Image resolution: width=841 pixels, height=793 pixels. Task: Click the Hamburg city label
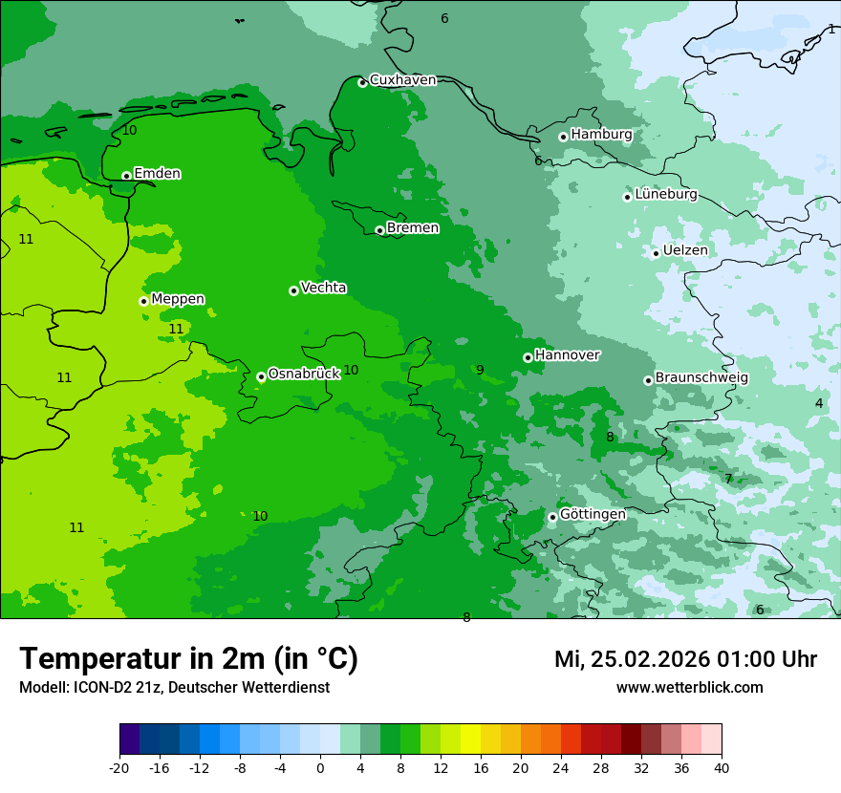point(601,135)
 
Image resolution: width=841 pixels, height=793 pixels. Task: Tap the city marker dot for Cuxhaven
point(362,82)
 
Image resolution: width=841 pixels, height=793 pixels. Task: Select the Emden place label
point(157,174)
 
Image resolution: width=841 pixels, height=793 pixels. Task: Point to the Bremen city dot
point(379,230)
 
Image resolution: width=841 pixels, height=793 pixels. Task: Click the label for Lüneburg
point(665,194)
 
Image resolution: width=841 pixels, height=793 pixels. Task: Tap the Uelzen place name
point(685,250)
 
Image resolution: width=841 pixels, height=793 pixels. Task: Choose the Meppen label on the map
point(178,299)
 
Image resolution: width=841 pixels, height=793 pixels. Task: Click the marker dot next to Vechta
point(293,290)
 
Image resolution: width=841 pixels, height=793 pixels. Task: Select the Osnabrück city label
point(304,374)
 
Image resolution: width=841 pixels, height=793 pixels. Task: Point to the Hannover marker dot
point(528,357)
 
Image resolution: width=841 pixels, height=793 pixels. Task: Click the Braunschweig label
point(701,377)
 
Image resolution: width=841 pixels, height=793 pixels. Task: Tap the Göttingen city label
point(593,514)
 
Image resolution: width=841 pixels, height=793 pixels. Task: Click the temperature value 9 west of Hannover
point(480,370)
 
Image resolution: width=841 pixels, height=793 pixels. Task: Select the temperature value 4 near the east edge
point(819,403)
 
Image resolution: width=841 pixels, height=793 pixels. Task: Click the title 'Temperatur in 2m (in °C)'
point(188,659)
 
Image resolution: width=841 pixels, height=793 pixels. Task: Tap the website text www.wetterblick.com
point(689,688)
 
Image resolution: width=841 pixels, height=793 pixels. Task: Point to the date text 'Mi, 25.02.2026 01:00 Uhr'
point(685,659)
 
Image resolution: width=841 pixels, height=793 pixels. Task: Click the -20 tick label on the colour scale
point(119,768)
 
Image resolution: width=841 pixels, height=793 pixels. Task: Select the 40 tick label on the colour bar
point(722,768)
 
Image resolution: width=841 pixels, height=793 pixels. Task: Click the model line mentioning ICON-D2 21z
point(174,688)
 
